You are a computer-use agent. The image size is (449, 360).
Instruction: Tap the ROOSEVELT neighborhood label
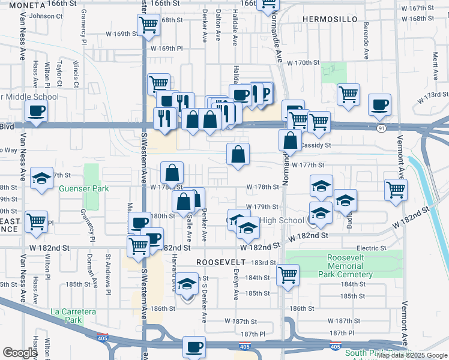(x=221, y=262)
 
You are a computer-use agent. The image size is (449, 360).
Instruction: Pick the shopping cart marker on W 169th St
(x=148, y=25)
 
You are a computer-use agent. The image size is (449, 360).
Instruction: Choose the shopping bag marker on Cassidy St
(x=291, y=140)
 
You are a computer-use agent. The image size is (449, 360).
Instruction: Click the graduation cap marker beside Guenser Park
(x=41, y=179)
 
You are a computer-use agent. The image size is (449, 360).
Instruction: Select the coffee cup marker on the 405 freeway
(x=194, y=347)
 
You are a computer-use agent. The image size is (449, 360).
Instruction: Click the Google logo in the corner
(x=20, y=353)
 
